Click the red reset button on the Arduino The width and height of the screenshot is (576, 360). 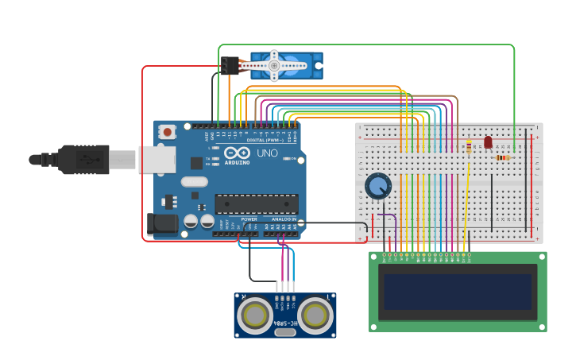pos(167,132)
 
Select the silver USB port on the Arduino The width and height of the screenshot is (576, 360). pos(157,159)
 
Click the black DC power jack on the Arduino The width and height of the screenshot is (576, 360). pos(163,224)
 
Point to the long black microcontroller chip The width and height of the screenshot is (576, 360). pos(257,203)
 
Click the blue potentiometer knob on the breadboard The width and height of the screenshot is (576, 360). pos(378,187)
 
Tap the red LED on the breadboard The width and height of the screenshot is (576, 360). pos(488,142)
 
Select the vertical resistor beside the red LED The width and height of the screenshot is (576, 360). pos(469,146)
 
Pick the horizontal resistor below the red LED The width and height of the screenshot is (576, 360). pos(502,157)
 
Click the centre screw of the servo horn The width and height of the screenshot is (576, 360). pos(274,65)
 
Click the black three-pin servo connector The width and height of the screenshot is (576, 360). pos(230,65)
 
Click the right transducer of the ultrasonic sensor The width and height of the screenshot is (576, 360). pos(315,315)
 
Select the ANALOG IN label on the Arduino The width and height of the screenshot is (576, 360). pos(284,219)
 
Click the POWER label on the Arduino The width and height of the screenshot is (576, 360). pos(249,219)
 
